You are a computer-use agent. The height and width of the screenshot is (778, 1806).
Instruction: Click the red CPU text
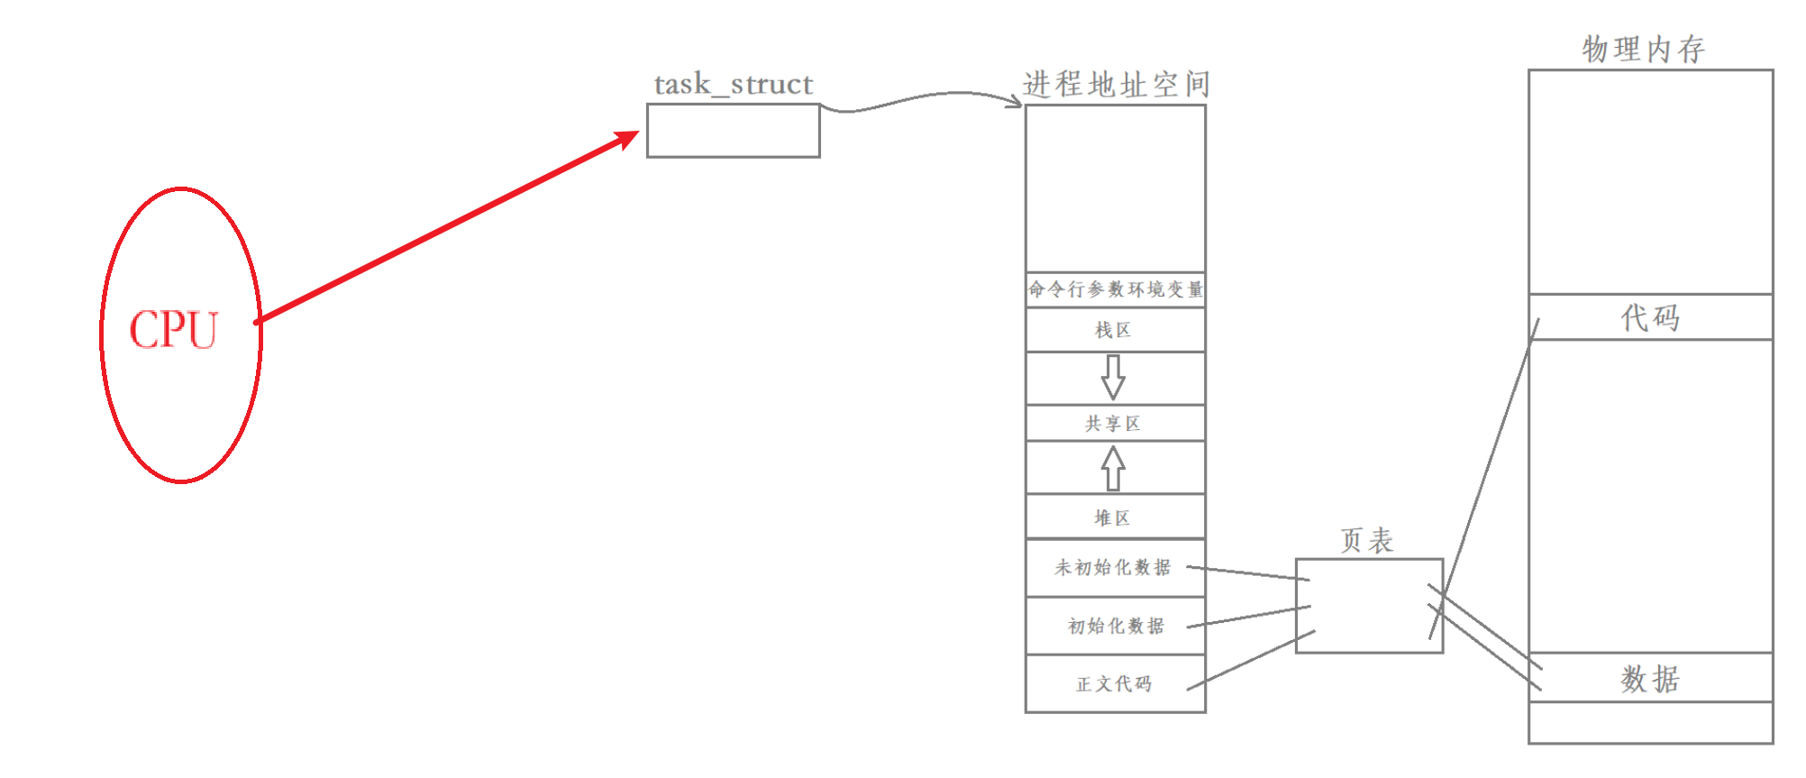173,330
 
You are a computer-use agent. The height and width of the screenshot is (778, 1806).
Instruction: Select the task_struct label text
733,85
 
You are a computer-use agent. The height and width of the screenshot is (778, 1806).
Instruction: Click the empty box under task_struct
733,131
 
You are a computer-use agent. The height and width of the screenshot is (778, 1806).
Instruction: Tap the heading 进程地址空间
1116,85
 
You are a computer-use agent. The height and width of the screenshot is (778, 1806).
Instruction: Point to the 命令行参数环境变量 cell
1116,289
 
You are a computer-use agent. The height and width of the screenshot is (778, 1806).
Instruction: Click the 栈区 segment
1114,330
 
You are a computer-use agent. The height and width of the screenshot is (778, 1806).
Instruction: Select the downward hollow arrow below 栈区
1113,377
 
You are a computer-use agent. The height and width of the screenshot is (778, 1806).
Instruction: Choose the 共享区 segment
1114,424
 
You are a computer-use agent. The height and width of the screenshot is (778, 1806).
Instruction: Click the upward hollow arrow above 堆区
1113,469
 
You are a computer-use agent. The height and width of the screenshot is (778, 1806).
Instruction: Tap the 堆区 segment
1113,517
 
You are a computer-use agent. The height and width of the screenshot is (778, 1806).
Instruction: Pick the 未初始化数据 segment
1113,568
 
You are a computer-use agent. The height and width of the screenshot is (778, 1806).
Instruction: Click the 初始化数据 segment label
1116,626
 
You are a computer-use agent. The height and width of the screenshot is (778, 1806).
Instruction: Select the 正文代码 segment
1114,684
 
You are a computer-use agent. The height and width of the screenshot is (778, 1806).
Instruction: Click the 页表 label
1367,541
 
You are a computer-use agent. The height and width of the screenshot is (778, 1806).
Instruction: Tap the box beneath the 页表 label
1368,606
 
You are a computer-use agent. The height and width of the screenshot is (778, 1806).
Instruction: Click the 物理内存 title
1643,50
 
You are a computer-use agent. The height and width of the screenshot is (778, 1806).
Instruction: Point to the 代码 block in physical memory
1650,317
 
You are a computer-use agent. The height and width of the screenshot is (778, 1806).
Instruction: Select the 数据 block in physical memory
1650,679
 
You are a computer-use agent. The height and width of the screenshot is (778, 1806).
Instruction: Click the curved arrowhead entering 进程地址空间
1016,101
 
